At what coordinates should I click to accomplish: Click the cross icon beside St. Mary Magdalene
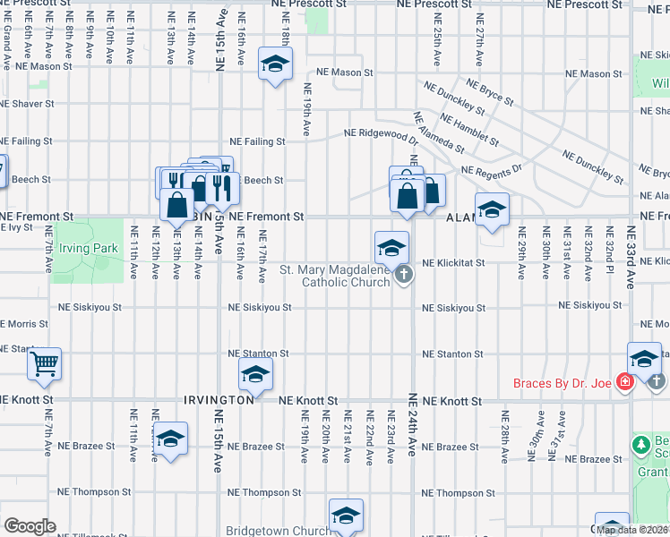pos(404,275)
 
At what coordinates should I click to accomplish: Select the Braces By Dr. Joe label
pos(562,384)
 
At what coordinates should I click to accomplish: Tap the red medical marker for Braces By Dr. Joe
pos(625,383)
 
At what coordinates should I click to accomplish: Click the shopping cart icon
pos(44,363)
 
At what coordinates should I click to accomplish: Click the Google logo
pos(30,526)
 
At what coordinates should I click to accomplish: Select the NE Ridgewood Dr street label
pos(382,133)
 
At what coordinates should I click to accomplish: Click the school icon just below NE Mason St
pos(276,64)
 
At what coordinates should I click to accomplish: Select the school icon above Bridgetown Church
pos(346,515)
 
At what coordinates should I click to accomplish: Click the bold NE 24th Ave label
pos(413,424)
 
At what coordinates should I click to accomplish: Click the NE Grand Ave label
pos(6,40)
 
